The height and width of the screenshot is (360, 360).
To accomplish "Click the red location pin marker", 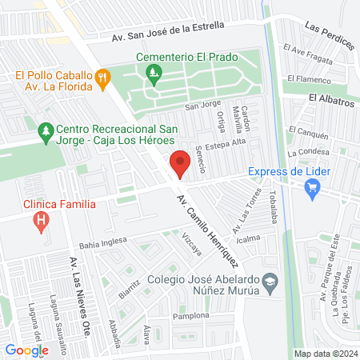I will (180, 162).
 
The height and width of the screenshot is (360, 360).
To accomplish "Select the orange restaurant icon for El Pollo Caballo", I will (102, 78).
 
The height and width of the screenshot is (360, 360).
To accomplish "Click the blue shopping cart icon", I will (313, 188).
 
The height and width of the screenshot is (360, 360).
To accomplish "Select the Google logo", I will (27, 350).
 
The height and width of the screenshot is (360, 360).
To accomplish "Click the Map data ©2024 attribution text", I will (325, 354).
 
